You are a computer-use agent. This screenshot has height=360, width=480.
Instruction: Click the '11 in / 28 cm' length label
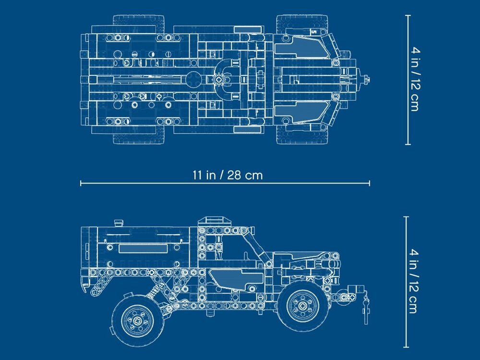[228, 175]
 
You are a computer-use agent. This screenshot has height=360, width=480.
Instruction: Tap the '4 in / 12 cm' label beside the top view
[415, 79]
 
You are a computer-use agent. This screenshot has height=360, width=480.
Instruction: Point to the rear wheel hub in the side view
[137, 321]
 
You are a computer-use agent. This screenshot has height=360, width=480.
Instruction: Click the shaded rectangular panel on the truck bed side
[143, 249]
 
